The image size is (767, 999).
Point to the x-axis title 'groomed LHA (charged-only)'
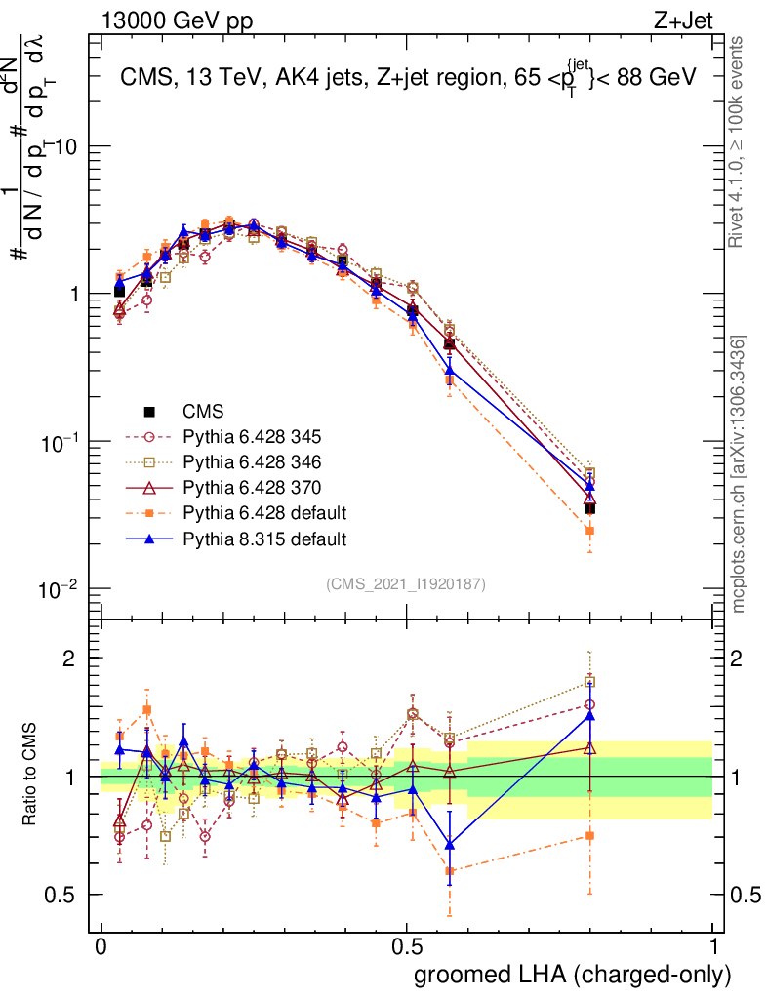point(574,974)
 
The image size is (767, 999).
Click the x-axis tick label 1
point(713,946)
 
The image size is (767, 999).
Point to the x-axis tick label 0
point(101,946)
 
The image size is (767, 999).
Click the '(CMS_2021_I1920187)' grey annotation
point(406,584)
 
